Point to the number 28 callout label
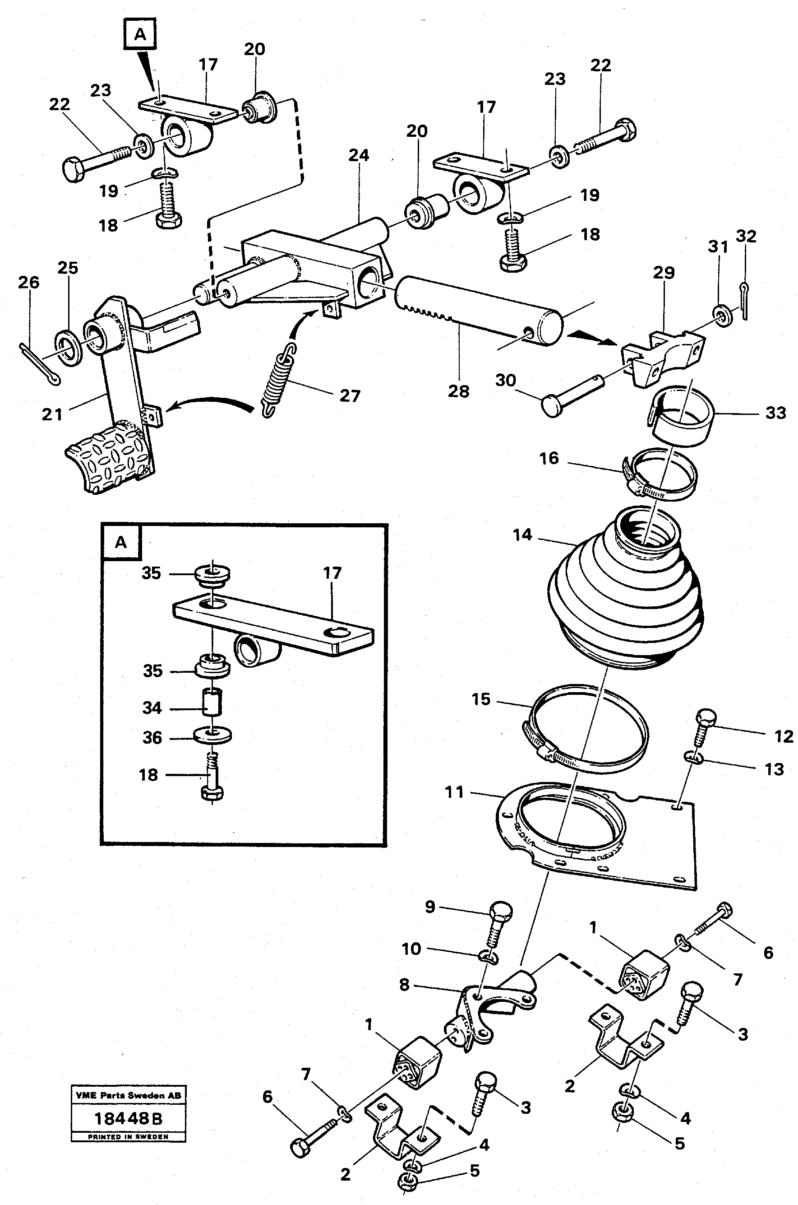(x=458, y=391)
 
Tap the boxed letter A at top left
(x=140, y=35)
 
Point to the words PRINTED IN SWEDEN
(x=128, y=1136)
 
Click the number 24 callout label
(x=358, y=155)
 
